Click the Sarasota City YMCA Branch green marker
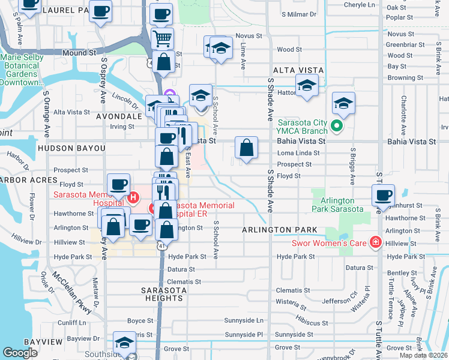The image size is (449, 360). pyautogui.click(x=337, y=127)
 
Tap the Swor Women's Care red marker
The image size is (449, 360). pyautogui.click(x=376, y=242)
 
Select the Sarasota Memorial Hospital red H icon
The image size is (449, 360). pyautogui.click(x=134, y=196)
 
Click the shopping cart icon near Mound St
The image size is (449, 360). pyautogui.click(x=162, y=38)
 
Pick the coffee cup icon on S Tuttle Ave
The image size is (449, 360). pyautogui.click(x=383, y=195)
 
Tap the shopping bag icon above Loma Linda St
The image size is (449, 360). pyautogui.click(x=246, y=148)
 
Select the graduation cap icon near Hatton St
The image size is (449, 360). pyautogui.click(x=307, y=85)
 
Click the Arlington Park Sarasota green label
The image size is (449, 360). pyautogui.click(x=337, y=205)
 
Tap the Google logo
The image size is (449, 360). pyautogui.click(x=21, y=353)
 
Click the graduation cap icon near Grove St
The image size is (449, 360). pyautogui.click(x=124, y=342)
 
